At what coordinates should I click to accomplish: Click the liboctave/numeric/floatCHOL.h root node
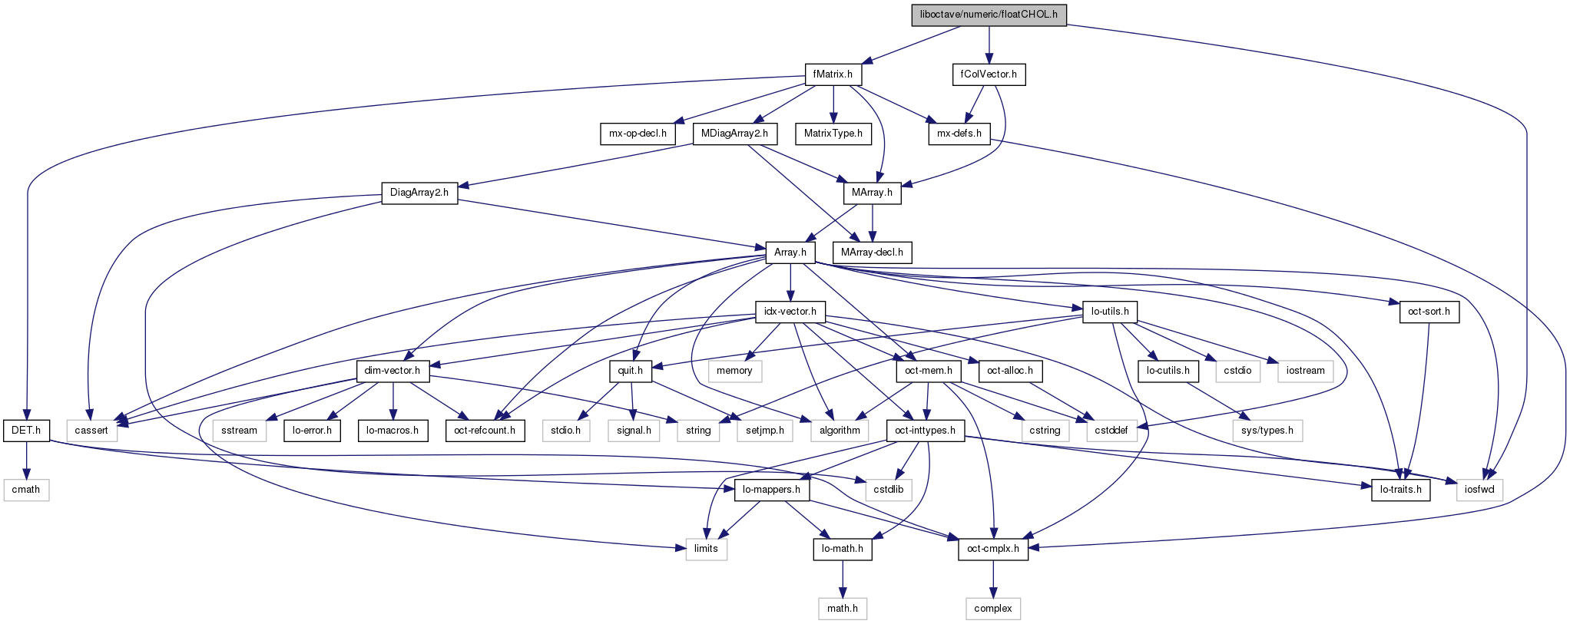tap(989, 15)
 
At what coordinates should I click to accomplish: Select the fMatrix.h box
tap(833, 74)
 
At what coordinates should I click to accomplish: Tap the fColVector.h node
tap(989, 74)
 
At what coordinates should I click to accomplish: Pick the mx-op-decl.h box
tap(638, 134)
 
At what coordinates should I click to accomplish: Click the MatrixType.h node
tap(833, 134)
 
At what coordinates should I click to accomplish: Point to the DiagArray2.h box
tap(419, 193)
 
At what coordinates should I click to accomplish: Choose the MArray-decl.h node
tap(872, 253)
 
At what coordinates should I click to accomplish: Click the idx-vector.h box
tap(790, 312)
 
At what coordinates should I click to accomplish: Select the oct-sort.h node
tap(1429, 312)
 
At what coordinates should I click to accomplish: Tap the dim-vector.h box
tap(392, 371)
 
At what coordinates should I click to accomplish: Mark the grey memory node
tap(734, 371)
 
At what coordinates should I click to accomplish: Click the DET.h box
tap(26, 431)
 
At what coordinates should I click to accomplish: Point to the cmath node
tap(26, 490)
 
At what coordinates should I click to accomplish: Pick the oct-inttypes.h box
tap(925, 431)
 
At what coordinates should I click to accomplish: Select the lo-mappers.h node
tap(771, 490)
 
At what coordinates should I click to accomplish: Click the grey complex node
tap(992, 609)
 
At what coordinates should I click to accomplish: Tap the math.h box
tap(842, 609)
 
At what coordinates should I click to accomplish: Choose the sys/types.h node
tap(1267, 431)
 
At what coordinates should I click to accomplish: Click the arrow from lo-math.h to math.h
tap(842, 579)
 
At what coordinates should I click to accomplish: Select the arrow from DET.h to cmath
tap(26, 460)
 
